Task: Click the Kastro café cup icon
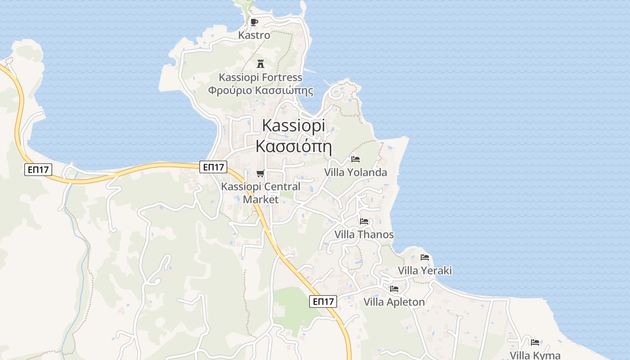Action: coord(254,22)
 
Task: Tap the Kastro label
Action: coord(254,35)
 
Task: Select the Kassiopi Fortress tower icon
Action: coord(260,64)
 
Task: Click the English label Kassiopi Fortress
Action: coord(261,77)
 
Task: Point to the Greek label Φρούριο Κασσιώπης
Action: coord(261,90)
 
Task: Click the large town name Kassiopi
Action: coord(293,125)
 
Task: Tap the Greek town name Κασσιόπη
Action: coord(293,146)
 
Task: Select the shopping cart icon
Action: coord(260,173)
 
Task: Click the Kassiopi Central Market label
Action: coord(261,192)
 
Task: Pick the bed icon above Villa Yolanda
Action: coord(355,159)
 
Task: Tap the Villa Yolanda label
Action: coord(355,172)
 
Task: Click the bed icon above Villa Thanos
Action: coord(364,221)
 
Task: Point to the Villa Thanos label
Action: coord(364,234)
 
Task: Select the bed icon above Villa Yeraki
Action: coord(425,257)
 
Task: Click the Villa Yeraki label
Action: coord(425,270)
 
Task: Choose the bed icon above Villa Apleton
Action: coord(394,289)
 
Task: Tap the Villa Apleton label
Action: coord(394,302)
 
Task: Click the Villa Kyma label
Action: coord(535,355)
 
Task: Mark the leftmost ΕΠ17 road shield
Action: coord(38,170)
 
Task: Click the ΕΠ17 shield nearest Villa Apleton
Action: coord(323,301)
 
